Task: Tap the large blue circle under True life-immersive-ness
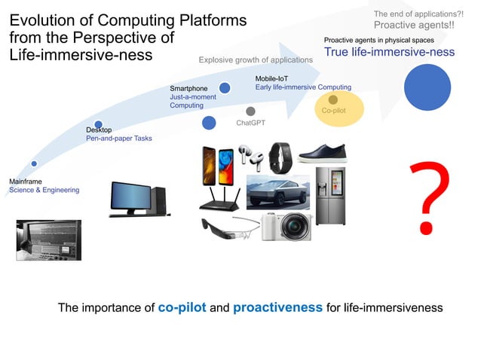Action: [429, 87]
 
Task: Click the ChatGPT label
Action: [250, 122]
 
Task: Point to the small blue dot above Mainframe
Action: [34, 163]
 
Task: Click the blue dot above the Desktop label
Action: [98, 124]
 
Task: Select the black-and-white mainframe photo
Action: [48, 239]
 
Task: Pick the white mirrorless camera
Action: [286, 225]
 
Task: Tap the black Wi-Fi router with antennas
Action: [220, 198]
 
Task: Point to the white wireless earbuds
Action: [248, 154]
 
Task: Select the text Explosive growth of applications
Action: [256, 59]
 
